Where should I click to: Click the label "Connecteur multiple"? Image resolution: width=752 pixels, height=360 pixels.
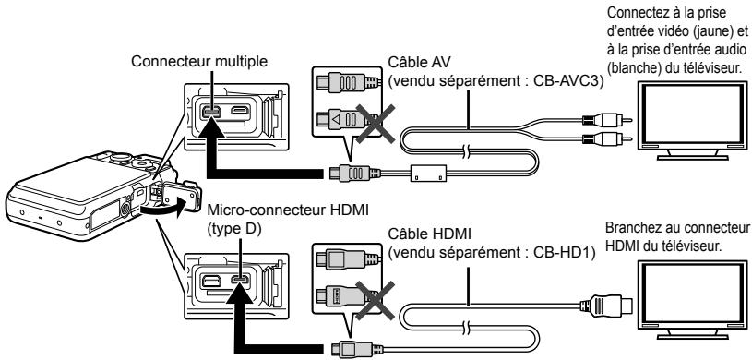click(199, 62)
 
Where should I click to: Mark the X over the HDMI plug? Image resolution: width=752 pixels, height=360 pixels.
click(375, 300)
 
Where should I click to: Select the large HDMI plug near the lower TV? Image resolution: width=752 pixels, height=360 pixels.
click(606, 306)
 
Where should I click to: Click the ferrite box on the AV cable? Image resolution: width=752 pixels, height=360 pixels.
click(429, 173)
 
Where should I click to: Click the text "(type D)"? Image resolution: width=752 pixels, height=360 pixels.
click(234, 229)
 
